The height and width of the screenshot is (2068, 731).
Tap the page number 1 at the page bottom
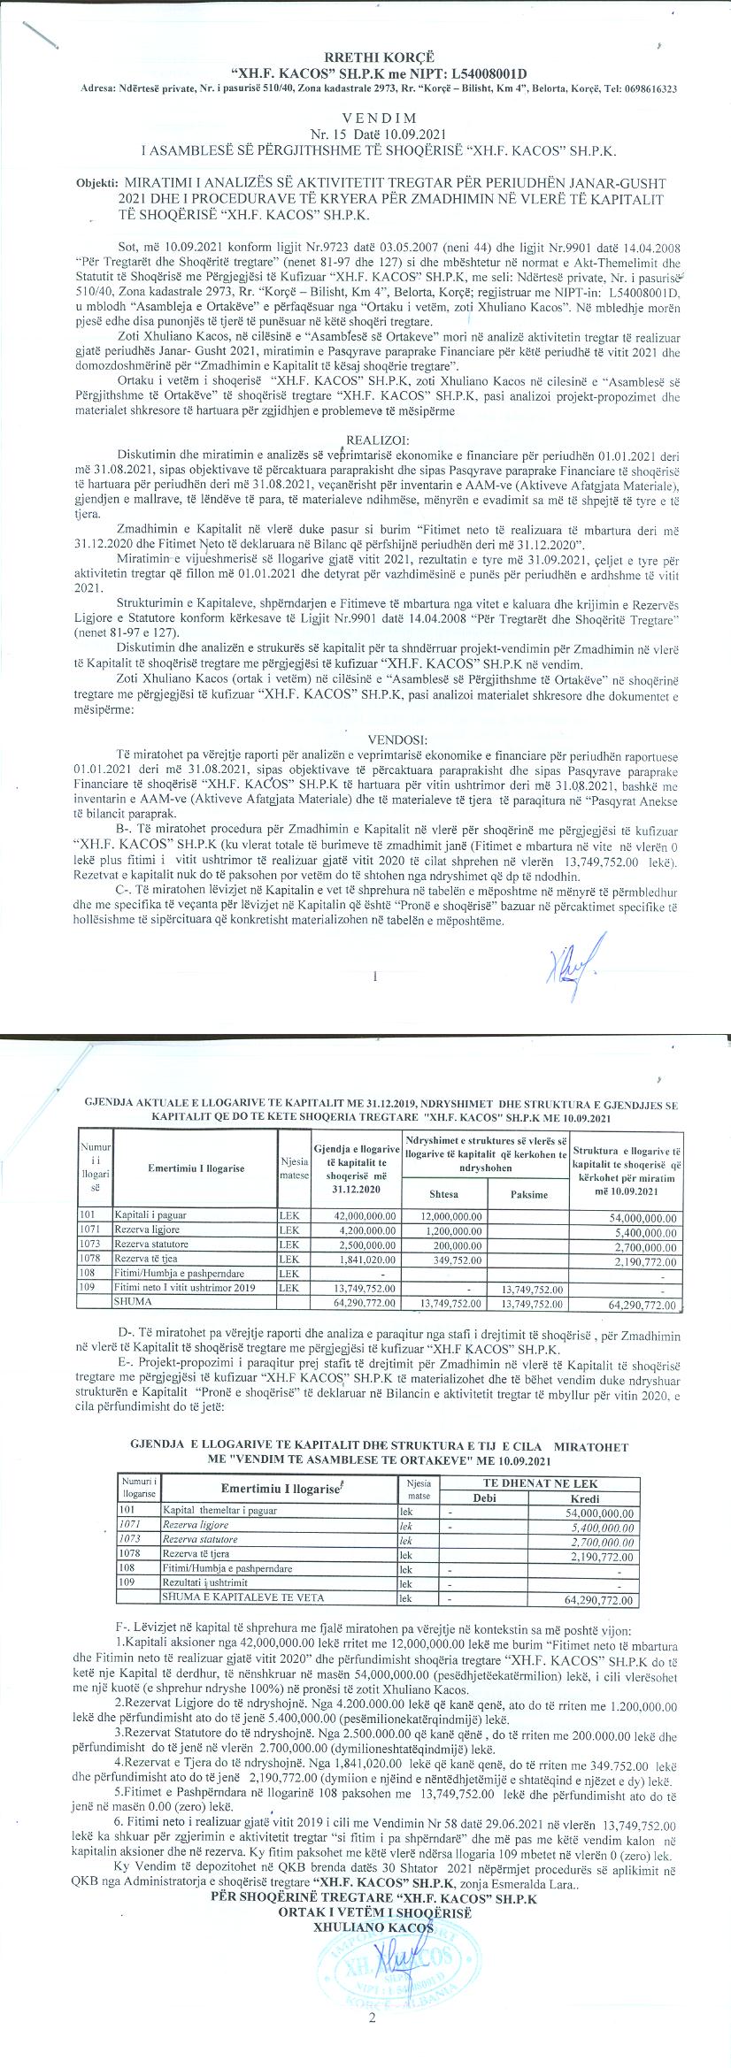(x=376, y=977)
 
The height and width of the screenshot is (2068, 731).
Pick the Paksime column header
(x=529, y=1194)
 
